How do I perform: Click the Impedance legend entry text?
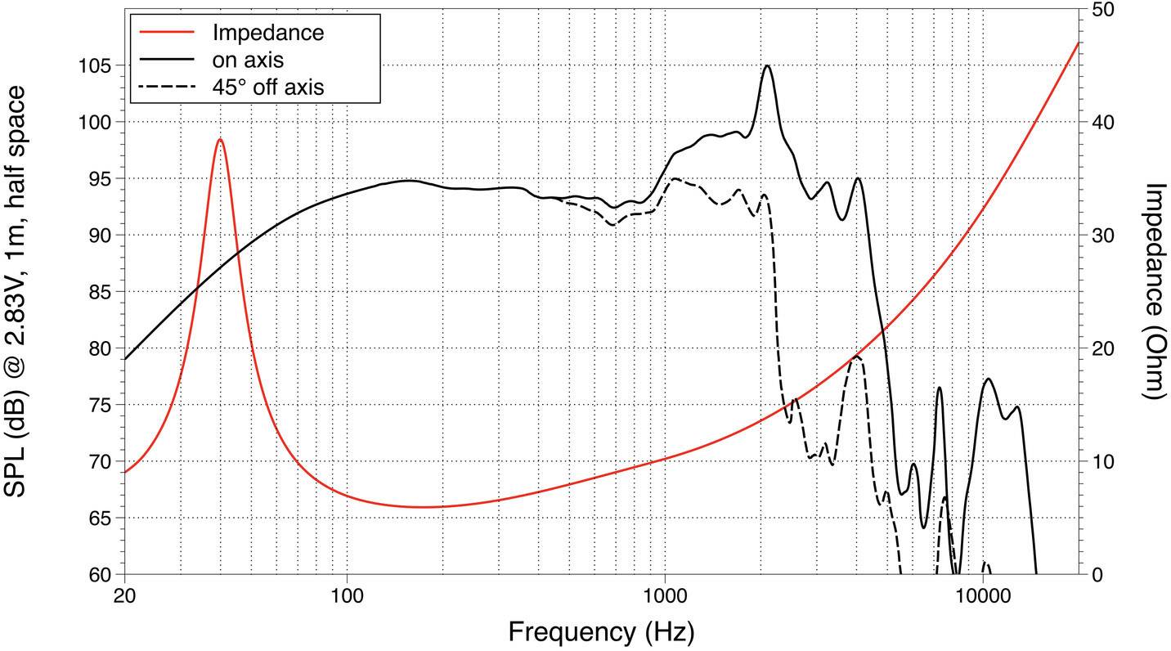[267, 33]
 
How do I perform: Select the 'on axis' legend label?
[248, 60]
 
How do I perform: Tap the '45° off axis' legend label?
[267, 87]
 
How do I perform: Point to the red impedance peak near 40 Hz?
[220, 140]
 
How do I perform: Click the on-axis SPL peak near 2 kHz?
[766, 66]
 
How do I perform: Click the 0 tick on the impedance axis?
[1096, 574]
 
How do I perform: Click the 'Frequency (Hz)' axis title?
[601, 631]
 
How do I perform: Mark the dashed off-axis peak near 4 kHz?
[855, 357]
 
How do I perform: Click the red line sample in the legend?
[164, 33]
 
